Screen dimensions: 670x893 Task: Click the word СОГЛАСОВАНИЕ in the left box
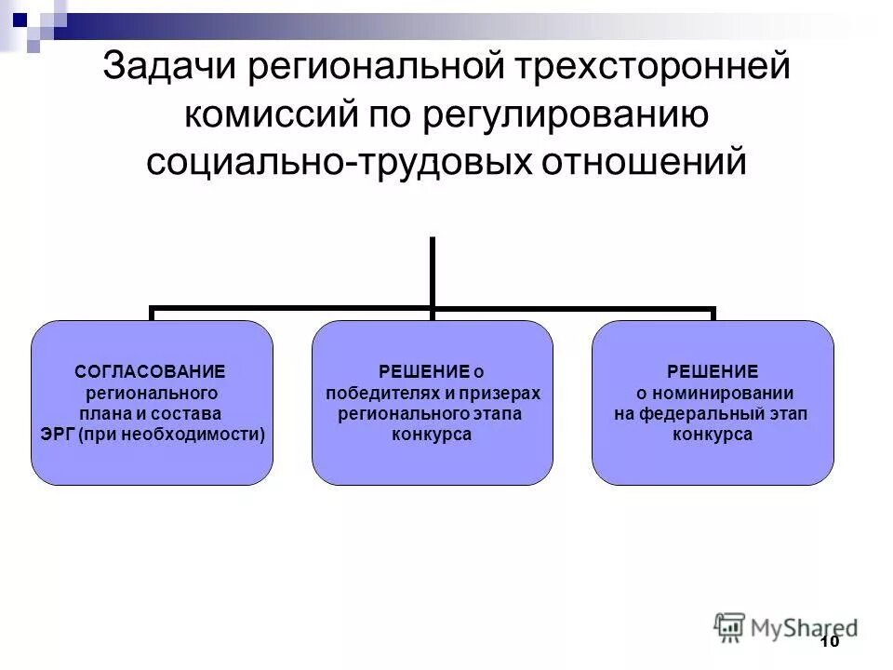150,371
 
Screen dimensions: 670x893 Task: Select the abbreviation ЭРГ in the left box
60,434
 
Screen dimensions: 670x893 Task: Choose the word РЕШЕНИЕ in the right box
713,371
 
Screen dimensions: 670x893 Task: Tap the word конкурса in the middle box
432,435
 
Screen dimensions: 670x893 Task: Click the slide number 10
831,642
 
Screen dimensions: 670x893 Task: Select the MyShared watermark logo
786,625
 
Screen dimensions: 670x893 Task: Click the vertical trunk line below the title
433,270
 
